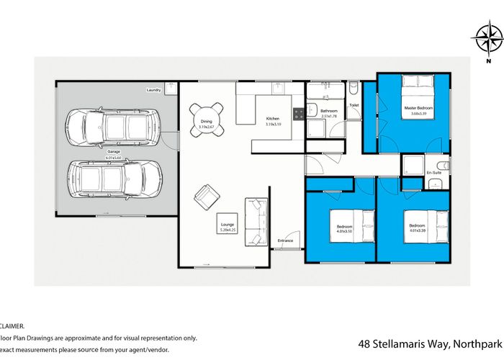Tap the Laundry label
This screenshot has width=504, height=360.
tap(153, 90)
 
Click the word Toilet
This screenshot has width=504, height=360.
tap(354, 105)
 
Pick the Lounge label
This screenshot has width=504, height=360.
tap(228, 225)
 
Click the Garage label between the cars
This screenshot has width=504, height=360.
tap(114, 153)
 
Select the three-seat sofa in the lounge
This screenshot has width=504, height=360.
tap(256, 221)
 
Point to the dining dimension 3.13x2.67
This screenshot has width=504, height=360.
tap(207, 127)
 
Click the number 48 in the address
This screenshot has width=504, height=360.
tap(364, 343)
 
